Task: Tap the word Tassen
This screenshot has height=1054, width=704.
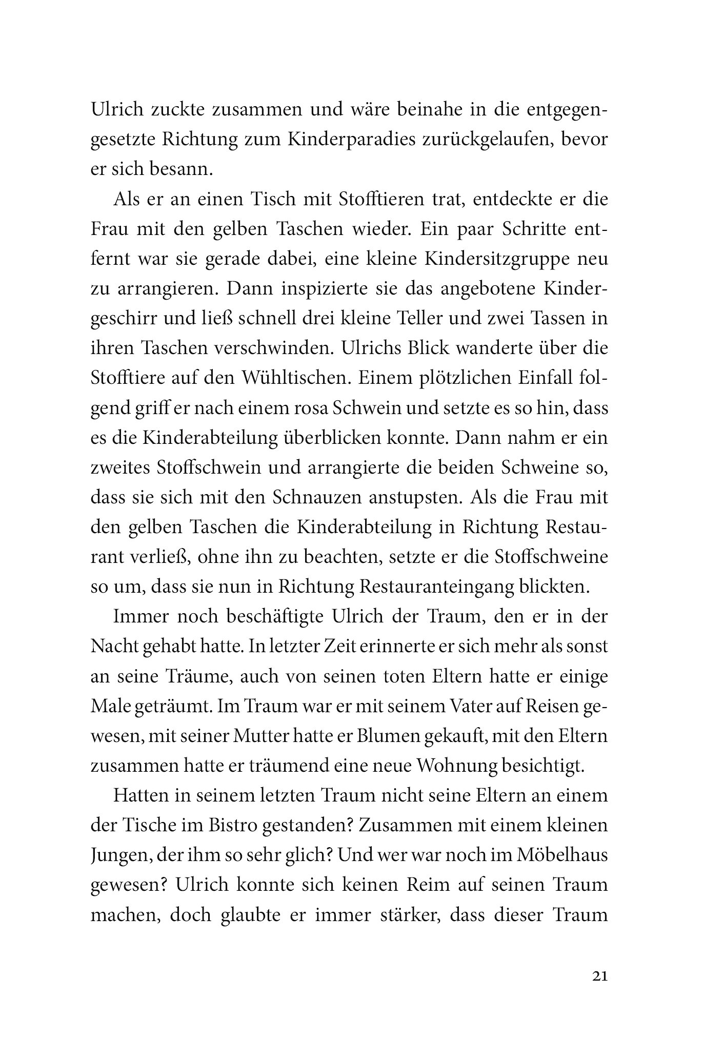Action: click(x=554, y=319)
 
